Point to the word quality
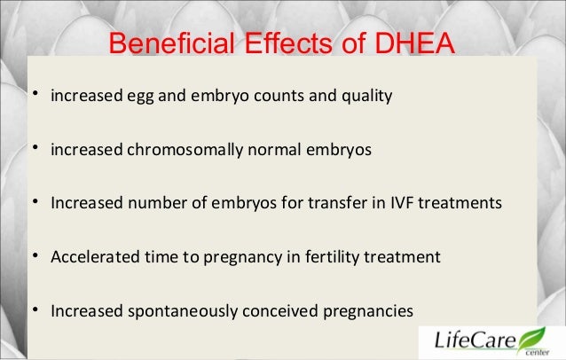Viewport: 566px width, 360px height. pyautogui.click(x=366, y=95)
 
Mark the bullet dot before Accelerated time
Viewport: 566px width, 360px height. pyautogui.click(x=34, y=256)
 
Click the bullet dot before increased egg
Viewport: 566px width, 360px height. pyautogui.click(x=34, y=94)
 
